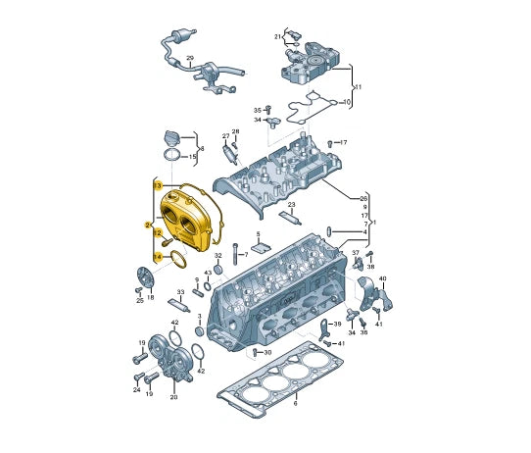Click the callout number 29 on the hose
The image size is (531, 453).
tap(190, 59)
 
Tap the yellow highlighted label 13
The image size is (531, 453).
tap(157, 184)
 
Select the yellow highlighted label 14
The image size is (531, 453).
tap(157, 257)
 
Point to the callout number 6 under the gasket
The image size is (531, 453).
tap(295, 403)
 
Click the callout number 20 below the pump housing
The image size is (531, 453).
tap(173, 397)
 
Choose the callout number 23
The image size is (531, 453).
tap(292, 205)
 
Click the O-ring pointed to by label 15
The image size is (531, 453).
tap(173, 157)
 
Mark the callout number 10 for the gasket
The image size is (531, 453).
tap(347, 101)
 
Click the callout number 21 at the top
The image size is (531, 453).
tap(278, 36)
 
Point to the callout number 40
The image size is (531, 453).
tap(382, 279)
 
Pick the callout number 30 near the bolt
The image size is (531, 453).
tap(268, 352)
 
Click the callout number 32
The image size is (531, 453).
tap(218, 256)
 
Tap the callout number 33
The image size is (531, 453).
tap(180, 292)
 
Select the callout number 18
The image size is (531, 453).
tap(150, 296)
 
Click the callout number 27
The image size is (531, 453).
tap(225, 136)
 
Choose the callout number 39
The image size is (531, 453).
tap(337, 324)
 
